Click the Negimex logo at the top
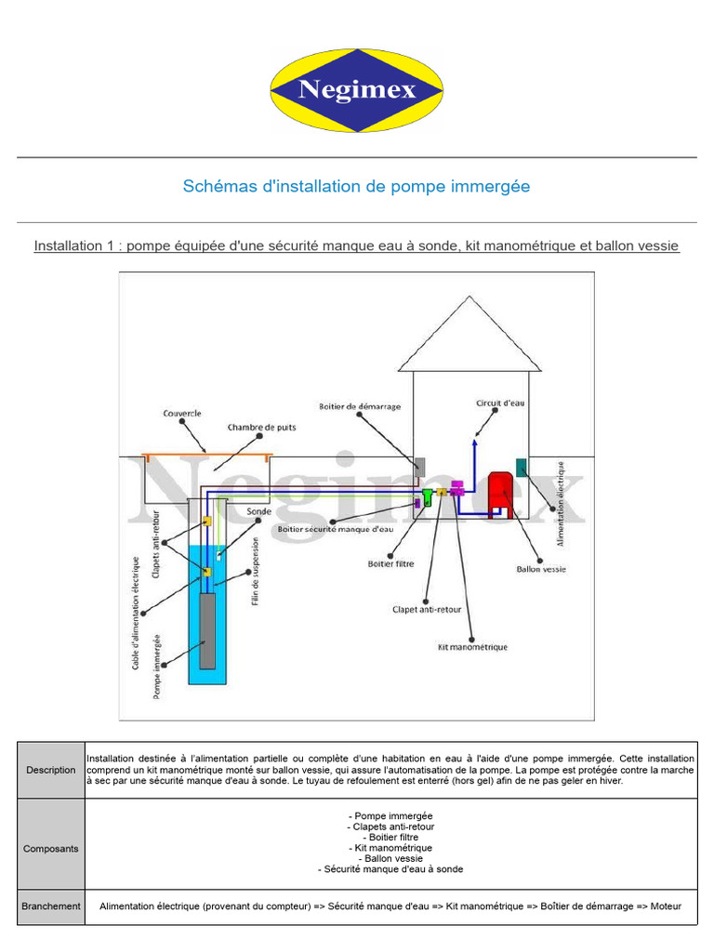coord(356,90)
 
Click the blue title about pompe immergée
coord(356,186)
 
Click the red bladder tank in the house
coord(502,492)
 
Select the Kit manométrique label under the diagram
coord(472,646)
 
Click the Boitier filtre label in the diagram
coord(391,563)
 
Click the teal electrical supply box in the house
coord(522,468)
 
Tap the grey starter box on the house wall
coord(420,468)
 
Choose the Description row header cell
coord(51,770)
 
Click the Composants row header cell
coord(51,848)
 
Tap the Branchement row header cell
coord(51,906)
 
